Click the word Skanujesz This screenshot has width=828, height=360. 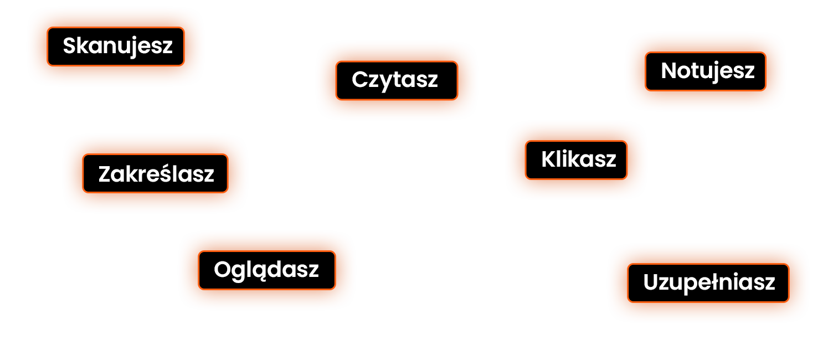pyautogui.click(x=117, y=46)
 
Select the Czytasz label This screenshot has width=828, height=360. pyautogui.click(x=395, y=80)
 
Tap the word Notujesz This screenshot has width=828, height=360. pyautogui.click(x=708, y=71)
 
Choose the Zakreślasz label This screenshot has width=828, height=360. pyautogui.click(x=156, y=174)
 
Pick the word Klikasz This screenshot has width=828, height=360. pyautogui.click(x=579, y=160)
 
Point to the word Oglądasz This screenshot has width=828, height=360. pyautogui.click(x=266, y=270)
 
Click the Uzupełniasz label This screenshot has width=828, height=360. pyautogui.click(x=709, y=282)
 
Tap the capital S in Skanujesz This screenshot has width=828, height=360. pyautogui.click(x=69, y=46)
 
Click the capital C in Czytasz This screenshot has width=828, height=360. pyautogui.click(x=359, y=80)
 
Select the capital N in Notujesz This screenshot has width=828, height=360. pyautogui.click(x=669, y=71)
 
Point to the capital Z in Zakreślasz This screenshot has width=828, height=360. pyautogui.click(x=105, y=174)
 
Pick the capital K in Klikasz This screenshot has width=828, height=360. pyautogui.click(x=548, y=160)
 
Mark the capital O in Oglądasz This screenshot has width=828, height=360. pyautogui.click(x=222, y=270)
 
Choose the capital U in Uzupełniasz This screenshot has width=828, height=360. pyautogui.click(x=651, y=282)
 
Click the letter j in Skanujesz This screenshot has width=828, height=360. pyautogui.click(x=132, y=47)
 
